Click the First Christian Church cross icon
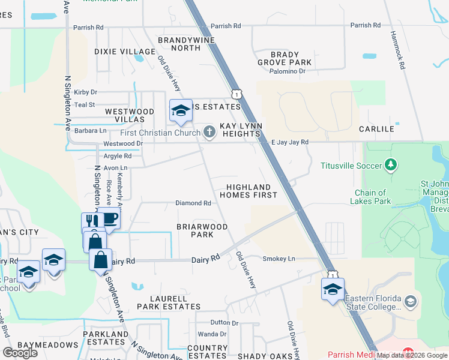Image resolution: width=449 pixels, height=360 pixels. point(209,132)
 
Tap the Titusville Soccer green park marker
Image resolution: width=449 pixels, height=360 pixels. point(391,164)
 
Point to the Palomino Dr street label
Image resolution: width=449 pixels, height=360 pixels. point(287,71)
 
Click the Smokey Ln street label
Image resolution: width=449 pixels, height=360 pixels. point(279,259)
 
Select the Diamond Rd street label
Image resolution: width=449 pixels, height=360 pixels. point(193,203)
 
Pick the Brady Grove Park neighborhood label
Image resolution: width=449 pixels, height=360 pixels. point(285,58)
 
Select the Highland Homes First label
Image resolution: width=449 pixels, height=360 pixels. point(248,191)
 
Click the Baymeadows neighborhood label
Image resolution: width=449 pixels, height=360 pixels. point(48,345)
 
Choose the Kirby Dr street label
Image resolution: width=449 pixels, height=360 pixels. point(85,92)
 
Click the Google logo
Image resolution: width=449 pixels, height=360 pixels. point(20,352)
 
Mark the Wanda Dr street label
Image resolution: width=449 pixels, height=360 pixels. point(212,334)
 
